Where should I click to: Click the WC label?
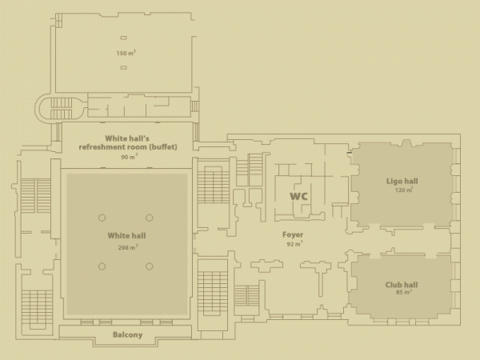point(298,196)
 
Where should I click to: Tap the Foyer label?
point(293,234)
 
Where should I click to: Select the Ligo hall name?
point(402,182)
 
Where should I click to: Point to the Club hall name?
point(402,285)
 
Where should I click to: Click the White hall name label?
point(126,236)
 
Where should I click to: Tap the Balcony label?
point(128,335)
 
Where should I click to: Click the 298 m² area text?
point(128,247)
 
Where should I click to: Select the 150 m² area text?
point(126,53)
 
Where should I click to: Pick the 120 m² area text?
point(404,190)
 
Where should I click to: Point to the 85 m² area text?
point(404,292)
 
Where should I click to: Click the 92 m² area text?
point(294,244)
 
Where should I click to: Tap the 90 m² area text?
point(129,157)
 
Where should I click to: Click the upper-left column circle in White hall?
point(102,218)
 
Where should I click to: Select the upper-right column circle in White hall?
point(149,218)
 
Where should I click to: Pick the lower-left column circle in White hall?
point(102,266)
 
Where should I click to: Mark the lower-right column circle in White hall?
point(149,266)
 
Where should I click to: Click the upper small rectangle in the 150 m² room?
point(123,38)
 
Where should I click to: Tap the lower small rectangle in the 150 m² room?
point(123,67)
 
